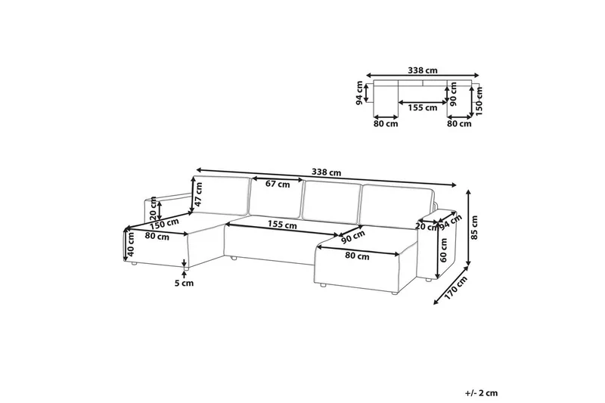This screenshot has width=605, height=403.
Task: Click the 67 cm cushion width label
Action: tap(278, 184)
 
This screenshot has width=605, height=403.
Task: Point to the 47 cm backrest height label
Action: tap(198, 194)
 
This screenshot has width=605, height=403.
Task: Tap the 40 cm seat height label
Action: tap(131, 244)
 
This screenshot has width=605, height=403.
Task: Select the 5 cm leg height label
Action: tap(184, 284)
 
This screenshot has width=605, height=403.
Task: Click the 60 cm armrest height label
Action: tap(443, 250)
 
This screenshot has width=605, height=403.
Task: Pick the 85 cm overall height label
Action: tap(475, 228)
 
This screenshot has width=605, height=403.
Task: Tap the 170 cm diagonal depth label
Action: tap(456, 288)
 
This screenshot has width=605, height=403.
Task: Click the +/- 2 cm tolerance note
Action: tap(481, 393)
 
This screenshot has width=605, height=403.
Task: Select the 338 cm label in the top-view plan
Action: tap(423, 70)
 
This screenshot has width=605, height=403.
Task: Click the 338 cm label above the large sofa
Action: tap(327, 172)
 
